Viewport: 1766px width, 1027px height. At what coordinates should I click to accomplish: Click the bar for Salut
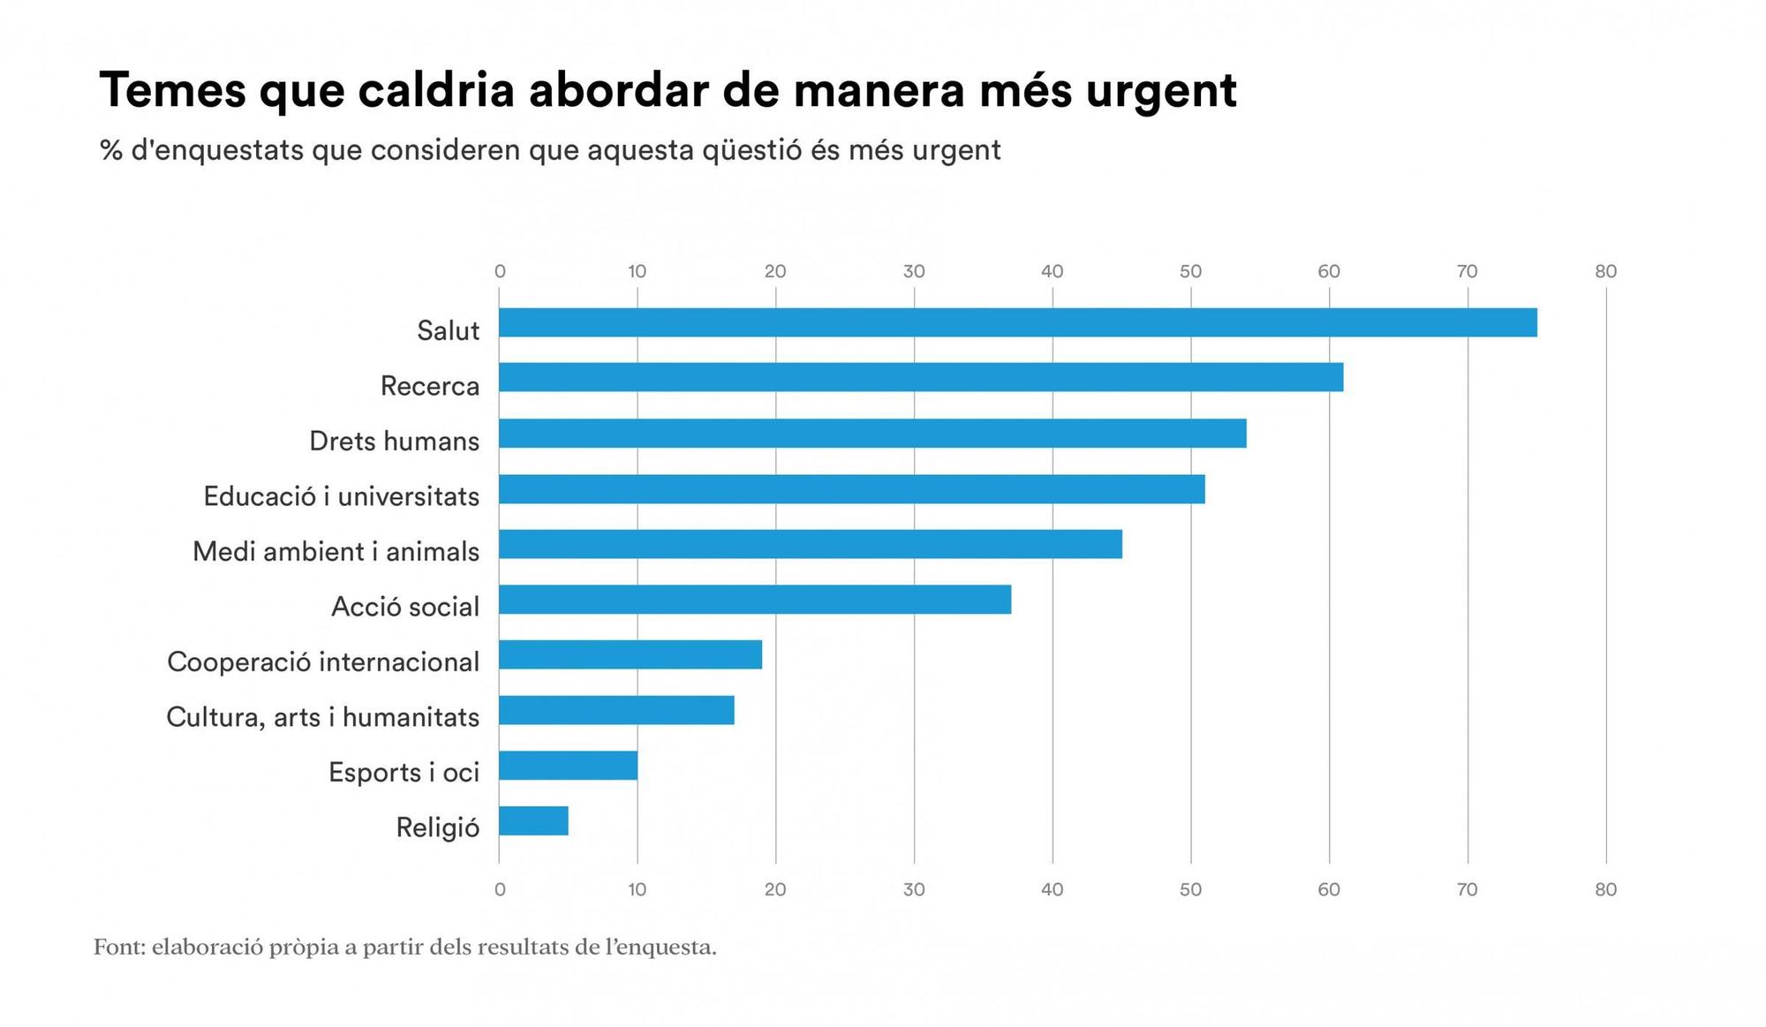1017,322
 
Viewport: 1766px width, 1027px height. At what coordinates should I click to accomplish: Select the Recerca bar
920,377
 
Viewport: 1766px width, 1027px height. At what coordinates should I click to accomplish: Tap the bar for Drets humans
872,434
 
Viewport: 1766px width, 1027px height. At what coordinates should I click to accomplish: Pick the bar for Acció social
755,600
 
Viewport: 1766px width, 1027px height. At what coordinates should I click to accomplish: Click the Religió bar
533,821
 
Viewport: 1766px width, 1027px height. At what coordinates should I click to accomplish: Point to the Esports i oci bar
568,766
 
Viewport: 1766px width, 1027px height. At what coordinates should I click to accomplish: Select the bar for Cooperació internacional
630,655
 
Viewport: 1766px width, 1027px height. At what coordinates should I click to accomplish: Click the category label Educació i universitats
341,496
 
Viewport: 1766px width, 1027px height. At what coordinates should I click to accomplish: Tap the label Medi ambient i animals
336,552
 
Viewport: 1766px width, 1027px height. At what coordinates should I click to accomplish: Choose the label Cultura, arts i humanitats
322,717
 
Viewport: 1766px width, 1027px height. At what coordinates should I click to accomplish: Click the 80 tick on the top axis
1605,272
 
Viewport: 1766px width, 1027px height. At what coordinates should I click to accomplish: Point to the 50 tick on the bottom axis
1190,890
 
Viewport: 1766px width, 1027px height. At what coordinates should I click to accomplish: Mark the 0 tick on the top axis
500,272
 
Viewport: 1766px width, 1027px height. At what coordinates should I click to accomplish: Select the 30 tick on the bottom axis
914,890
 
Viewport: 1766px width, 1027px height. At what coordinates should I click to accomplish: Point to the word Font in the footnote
118,948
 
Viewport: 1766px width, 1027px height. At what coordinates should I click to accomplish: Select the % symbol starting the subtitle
110,150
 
